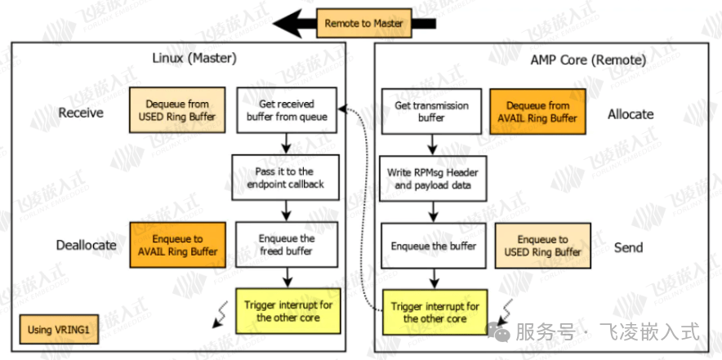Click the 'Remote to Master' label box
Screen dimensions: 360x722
[x=363, y=23]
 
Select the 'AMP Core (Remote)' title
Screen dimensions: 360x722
[x=588, y=60]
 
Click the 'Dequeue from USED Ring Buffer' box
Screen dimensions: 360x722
[x=176, y=111]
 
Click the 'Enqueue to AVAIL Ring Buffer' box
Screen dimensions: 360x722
[x=176, y=245]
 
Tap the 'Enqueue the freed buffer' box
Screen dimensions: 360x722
[x=285, y=245]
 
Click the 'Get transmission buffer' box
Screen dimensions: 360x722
[x=431, y=111]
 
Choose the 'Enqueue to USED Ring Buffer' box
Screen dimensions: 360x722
[x=541, y=246]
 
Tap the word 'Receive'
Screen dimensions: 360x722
[x=81, y=113]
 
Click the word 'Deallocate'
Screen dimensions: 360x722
[x=86, y=245]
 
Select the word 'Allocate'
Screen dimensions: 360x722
[x=631, y=114]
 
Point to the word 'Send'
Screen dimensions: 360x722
[x=628, y=247]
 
